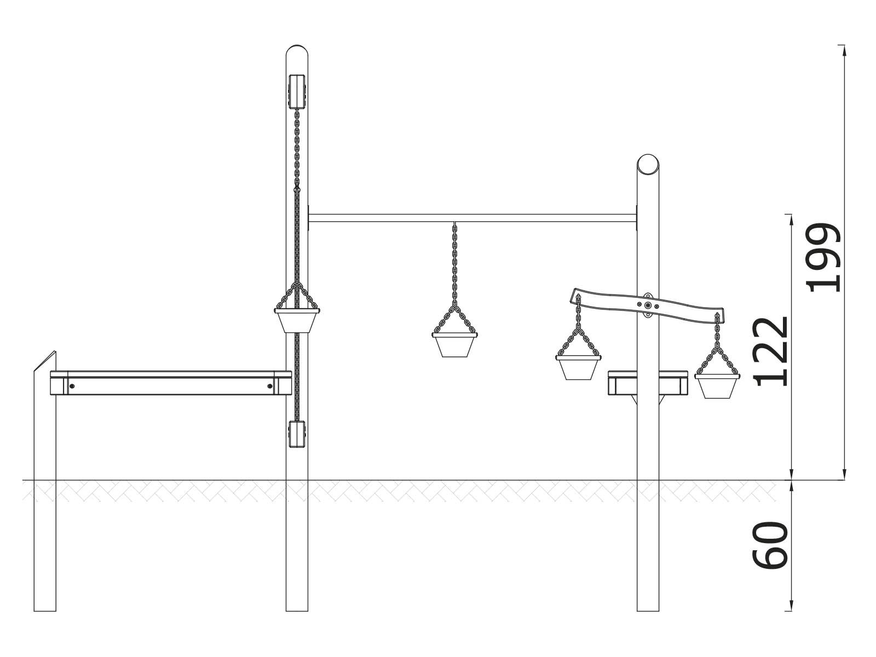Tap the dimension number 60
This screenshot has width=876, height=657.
pyautogui.click(x=770, y=545)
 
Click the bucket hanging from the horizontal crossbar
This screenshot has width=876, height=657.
pyautogui.click(x=454, y=345)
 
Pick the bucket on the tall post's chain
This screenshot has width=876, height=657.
pyautogui.click(x=297, y=321)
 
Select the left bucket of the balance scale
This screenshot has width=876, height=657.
pyautogui.click(x=578, y=367)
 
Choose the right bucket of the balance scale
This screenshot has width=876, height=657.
pyautogui.click(x=717, y=386)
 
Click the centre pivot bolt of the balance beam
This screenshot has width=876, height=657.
pyautogui.click(x=647, y=306)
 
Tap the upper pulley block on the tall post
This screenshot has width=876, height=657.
pyautogui.click(x=297, y=91)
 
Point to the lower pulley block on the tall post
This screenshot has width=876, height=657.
pyautogui.click(x=297, y=434)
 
